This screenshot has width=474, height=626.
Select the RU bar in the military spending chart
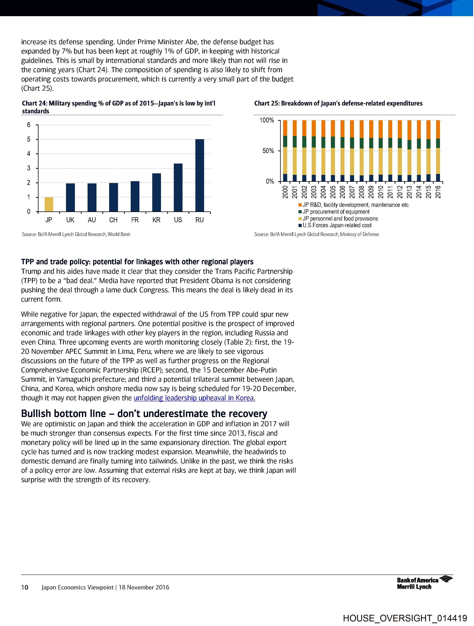[x=200, y=175]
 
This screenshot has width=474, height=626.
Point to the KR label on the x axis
[x=156, y=220]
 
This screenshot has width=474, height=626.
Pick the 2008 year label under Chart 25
[x=362, y=192]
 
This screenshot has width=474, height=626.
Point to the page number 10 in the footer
[x=25, y=587]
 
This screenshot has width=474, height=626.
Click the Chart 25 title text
[x=338, y=103]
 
